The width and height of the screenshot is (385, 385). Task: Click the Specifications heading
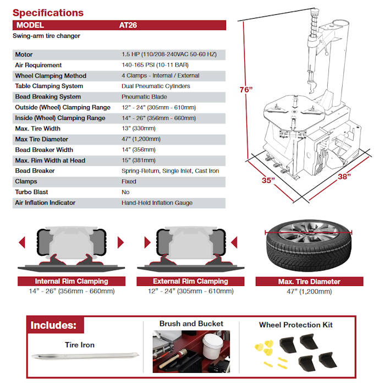(48, 13)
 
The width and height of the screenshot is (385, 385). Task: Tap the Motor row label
(24, 54)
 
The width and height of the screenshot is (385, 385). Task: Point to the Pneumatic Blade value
(144, 97)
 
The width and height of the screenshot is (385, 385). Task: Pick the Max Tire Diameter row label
(42, 139)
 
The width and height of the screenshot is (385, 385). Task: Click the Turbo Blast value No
(125, 192)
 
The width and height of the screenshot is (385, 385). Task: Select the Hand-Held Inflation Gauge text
(157, 203)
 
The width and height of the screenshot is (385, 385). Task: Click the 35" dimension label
(268, 179)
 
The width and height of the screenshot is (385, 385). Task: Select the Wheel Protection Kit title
(296, 324)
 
